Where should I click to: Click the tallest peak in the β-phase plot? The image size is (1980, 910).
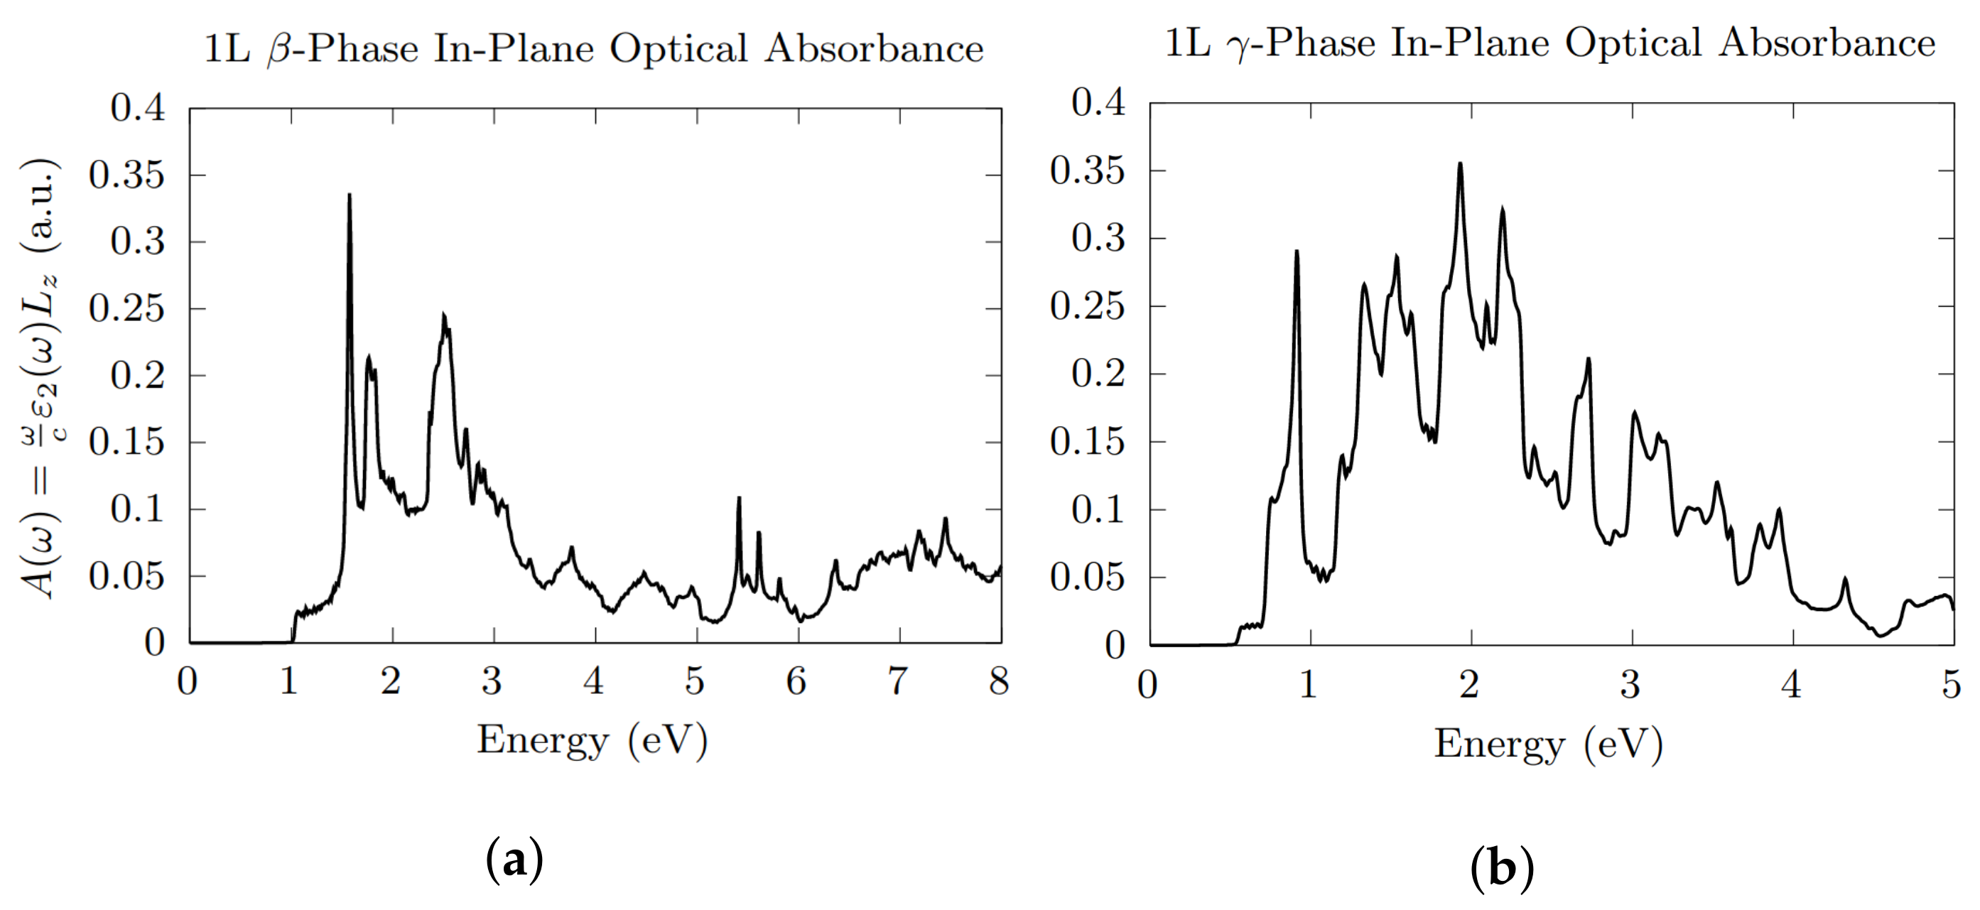[x=350, y=197]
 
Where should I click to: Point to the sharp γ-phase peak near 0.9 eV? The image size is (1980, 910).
[x=1297, y=253]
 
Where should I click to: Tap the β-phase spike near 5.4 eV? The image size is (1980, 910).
[x=739, y=499]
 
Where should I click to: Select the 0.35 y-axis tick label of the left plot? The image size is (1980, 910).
[x=127, y=175]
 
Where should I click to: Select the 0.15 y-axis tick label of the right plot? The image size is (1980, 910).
[x=1087, y=442]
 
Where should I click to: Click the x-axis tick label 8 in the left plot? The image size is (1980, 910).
[x=998, y=681]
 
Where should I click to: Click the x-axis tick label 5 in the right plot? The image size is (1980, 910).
[x=1952, y=684]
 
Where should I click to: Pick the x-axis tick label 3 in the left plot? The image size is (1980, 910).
[x=492, y=681]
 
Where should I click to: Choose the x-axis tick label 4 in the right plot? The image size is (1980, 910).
[x=1791, y=684]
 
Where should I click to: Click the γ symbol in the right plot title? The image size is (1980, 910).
[x=1238, y=46]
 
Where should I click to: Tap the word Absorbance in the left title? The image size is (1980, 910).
[x=874, y=48]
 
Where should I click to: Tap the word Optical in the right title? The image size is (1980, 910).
[x=1633, y=44]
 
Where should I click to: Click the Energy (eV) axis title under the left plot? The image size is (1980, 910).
[x=592, y=741]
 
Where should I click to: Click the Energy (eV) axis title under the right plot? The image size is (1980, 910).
[x=1548, y=744]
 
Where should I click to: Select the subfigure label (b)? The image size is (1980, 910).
[x=1501, y=869]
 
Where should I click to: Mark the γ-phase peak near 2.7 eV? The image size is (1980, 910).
[x=1588, y=359]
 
